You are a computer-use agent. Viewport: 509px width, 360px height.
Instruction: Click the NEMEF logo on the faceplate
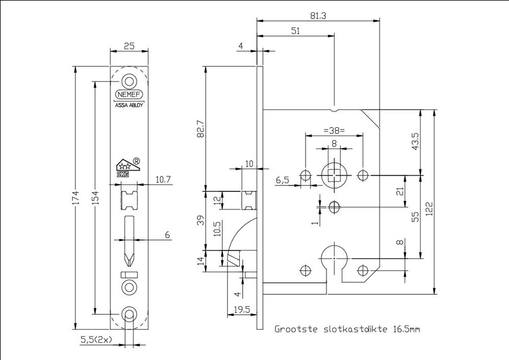pyautogui.click(x=129, y=95)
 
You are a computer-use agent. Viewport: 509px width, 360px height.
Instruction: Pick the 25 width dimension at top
pyautogui.click(x=129, y=46)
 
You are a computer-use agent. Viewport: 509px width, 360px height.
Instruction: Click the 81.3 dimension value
pyautogui.click(x=318, y=16)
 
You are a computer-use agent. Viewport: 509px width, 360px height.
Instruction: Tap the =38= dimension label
pyautogui.click(x=334, y=130)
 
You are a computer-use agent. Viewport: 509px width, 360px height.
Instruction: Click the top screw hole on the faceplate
pyautogui.click(x=129, y=81)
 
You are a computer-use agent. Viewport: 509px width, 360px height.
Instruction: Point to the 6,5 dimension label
pyautogui.click(x=283, y=180)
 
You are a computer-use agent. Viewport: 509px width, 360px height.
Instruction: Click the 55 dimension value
pyautogui.click(x=415, y=216)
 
